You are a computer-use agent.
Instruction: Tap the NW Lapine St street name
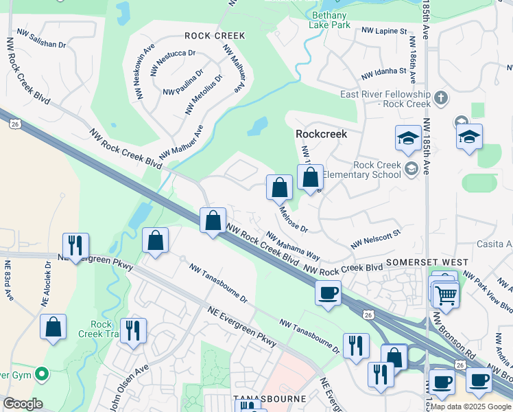point(384,32)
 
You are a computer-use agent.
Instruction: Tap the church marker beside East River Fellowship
point(440,100)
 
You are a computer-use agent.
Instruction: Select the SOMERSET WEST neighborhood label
point(427,262)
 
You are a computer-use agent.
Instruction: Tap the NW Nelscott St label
point(375,240)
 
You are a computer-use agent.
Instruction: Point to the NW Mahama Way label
point(293,244)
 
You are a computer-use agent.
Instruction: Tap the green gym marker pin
point(42,374)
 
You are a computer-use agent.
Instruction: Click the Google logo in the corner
point(23,404)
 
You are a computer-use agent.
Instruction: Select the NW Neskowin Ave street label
point(147,75)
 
